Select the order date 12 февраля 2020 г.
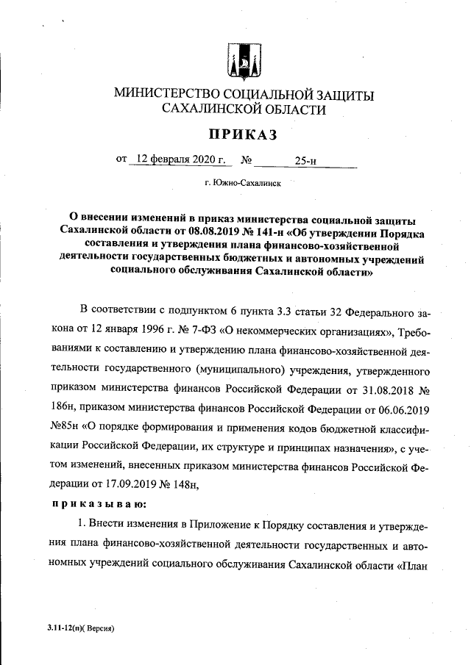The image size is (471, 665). (176, 158)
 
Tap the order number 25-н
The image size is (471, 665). (305, 159)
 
